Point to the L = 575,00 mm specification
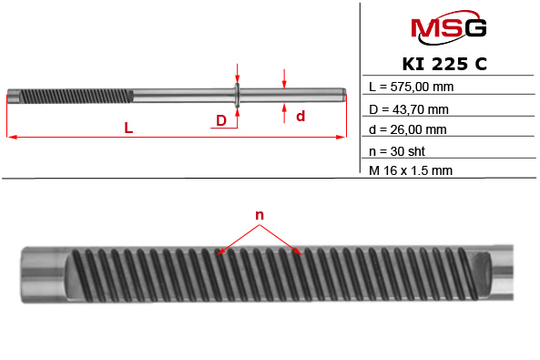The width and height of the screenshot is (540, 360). click(x=412, y=87)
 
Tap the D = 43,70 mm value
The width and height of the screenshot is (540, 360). click(x=410, y=109)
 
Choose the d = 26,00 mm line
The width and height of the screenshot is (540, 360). click(x=410, y=129)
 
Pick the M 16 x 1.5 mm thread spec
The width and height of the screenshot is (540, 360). click(x=412, y=170)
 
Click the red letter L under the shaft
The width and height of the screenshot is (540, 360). click(x=129, y=129)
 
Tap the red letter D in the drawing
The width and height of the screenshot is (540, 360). click(x=221, y=120)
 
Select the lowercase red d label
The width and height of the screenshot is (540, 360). click(x=300, y=116)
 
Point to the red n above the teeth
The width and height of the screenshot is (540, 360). click(x=260, y=216)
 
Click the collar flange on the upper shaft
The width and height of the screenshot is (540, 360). click(x=237, y=94)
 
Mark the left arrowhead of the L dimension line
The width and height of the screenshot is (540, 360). click(x=11, y=138)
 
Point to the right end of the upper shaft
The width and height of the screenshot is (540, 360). click(x=342, y=94)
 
